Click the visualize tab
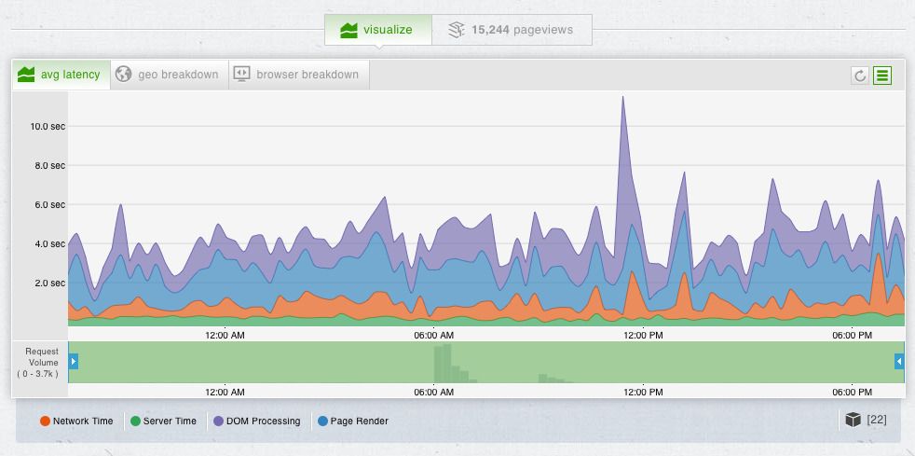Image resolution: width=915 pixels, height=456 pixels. (x=377, y=30)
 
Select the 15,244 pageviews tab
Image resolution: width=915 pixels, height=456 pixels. (x=511, y=30)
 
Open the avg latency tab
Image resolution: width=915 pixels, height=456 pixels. (x=61, y=75)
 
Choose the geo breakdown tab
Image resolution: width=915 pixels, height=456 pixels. (x=169, y=75)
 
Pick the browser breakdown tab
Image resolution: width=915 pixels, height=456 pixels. (x=298, y=75)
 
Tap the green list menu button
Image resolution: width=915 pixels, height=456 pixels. (x=881, y=76)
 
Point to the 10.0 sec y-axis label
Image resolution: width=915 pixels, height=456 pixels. (x=48, y=126)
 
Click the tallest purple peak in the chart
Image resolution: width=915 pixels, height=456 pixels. (x=622, y=98)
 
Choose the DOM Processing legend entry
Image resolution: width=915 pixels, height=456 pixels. (x=257, y=421)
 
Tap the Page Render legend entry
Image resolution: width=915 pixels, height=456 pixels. (x=353, y=421)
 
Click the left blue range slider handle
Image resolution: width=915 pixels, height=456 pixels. (x=74, y=361)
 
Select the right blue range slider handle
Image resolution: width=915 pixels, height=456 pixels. (x=899, y=361)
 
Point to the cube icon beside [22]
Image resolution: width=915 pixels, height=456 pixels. (x=852, y=420)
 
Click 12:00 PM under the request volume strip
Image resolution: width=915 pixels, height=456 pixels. (x=643, y=393)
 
